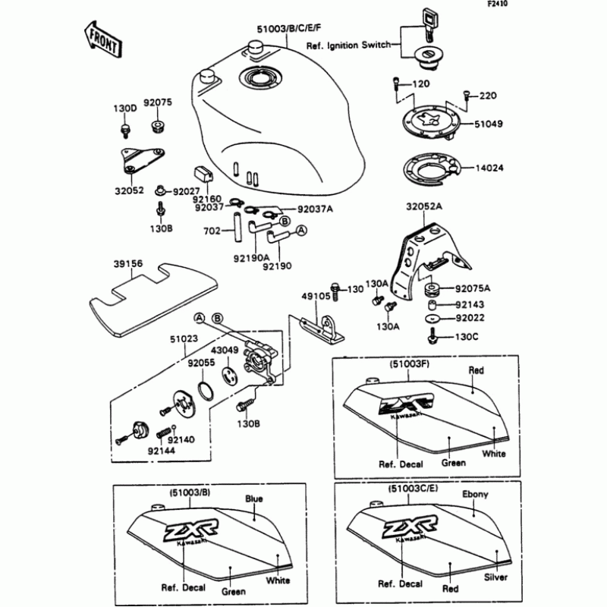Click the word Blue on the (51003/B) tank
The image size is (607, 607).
click(253, 499)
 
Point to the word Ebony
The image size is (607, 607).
click(475, 495)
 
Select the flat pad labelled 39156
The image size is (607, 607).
click(152, 300)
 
